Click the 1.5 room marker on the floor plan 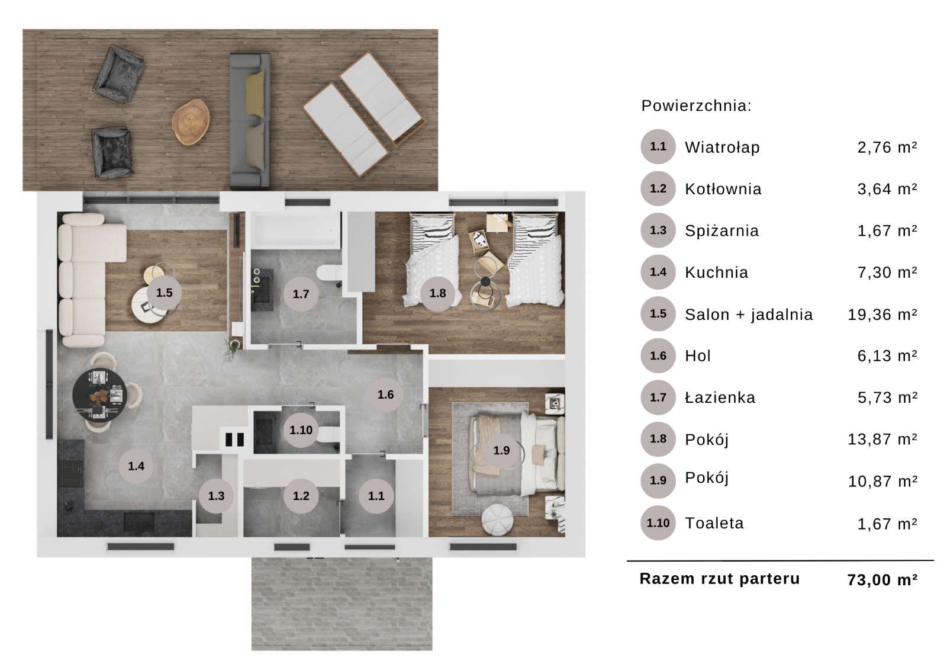tap(164, 293)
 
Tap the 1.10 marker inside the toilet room tap(301, 431)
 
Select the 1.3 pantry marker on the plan tap(216, 496)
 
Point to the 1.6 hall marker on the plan tap(385, 395)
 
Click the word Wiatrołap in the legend tap(722, 148)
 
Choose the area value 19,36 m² tap(882, 315)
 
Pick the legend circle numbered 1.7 tap(658, 397)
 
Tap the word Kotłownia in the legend tap(723, 189)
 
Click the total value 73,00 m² tap(882, 579)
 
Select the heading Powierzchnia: tap(696, 105)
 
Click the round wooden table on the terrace tap(191, 122)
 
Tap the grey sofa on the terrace tap(250, 120)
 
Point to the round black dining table tap(99, 395)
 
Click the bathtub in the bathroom tap(297, 230)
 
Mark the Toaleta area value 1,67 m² tap(887, 524)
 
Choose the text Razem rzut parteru tap(720, 579)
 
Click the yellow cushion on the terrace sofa tap(255, 94)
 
